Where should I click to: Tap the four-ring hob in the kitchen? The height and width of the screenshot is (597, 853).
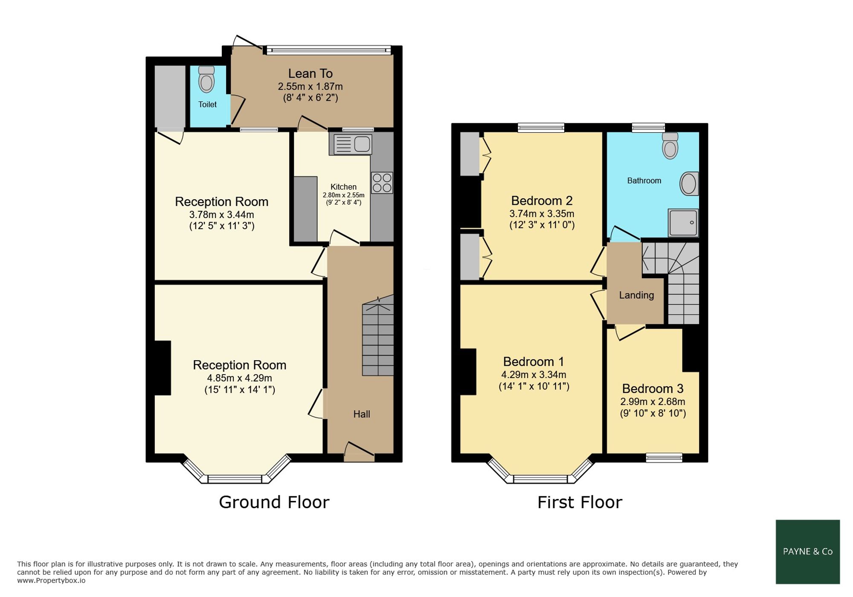pyautogui.click(x=382, y=183)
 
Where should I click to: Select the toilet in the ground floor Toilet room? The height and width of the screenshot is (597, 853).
pyautogui.click(x=207, y=79)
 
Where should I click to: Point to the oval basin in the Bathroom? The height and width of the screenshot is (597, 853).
pyautogui.click(x=689, y=183)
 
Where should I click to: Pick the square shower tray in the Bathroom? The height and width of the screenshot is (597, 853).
pyautogui.click(x=683, y=222)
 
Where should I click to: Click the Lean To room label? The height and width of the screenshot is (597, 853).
pyautogui.click(x=310, y=74)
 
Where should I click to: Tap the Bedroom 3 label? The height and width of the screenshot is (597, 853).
pyautogui.click(x=653, y=389)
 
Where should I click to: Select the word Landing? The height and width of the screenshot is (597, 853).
pyautogui.click(x=636, y=295)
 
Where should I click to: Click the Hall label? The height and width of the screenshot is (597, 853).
pyautogui.click(x=362, y=414)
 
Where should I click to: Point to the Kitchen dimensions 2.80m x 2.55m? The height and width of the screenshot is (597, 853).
pyautogui.click(x=344, y=195)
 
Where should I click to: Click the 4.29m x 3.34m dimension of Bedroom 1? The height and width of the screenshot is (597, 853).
pyautogui.click(x=534, y=375)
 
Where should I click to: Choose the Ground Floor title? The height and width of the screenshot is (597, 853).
pyautogui.click(x=274, y=502)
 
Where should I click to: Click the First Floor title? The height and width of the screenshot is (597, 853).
pyautogui.click(x=580, y=502)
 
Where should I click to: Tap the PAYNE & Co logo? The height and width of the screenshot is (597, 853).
pyautogui.click(x=808, y=552)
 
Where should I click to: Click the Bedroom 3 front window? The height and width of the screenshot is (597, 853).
pyautogui.click(x=664, y=458)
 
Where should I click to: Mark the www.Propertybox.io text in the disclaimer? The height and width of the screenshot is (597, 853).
pyautogui.click(x=51, y=580)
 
